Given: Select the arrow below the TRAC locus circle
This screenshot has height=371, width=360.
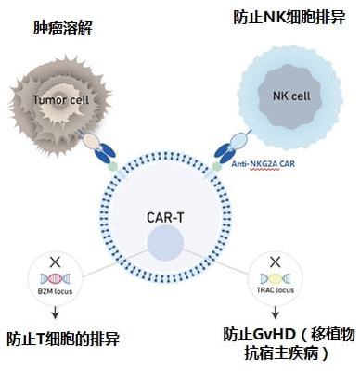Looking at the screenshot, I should coord(275,313).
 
